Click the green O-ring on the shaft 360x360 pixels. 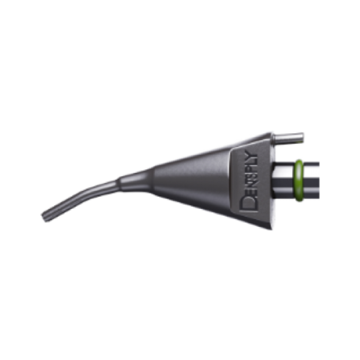[x=299, y=181]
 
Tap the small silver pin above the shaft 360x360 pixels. [x=288, y=137]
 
